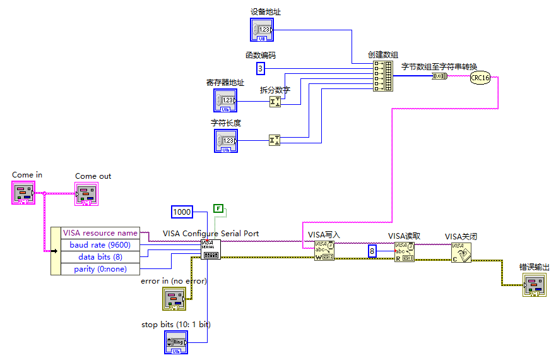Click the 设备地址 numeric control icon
point(262,30)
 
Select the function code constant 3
point(261,68)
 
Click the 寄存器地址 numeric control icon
point(225,101)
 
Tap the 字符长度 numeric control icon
point(226,141)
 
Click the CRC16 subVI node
point(480,77)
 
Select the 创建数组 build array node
point(382,76)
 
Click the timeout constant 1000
point(182,212)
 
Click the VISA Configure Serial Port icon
point(210,249)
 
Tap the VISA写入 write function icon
point(324,251)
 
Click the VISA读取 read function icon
point(405,251)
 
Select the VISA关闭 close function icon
point(461,252)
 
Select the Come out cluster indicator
point(87,193)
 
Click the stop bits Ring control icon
point(175,342)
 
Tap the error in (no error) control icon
point(174,298)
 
